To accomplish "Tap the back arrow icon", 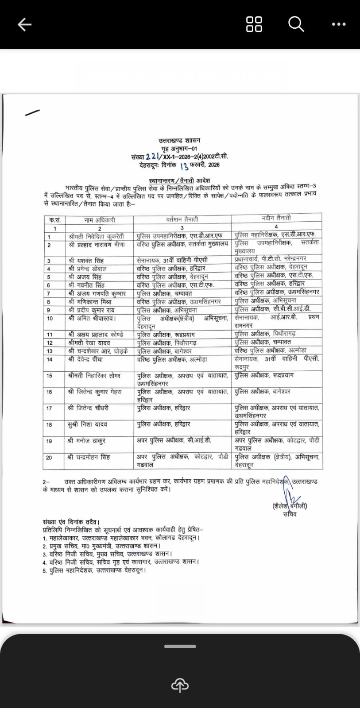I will pos(24,24).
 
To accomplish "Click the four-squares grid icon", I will pos(254,24).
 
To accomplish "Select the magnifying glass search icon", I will pos(296,24).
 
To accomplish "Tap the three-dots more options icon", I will pos(339,24).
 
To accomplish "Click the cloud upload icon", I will pos(180,685).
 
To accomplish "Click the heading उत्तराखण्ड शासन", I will pos(180,141).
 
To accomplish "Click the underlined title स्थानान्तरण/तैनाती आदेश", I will pos(179,180).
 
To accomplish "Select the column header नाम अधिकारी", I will pos(100,220).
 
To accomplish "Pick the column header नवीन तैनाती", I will pos(276,218).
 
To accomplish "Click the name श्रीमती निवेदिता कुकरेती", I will pos(97,236).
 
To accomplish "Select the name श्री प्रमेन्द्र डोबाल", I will pos(88,269).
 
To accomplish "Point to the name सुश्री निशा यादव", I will pos(87,424).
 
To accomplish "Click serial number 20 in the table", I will pos(49,458).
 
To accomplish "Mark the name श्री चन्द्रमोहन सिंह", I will pos(89,457).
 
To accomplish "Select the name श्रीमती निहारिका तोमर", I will pos(94,375).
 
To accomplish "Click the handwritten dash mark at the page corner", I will pos(32,113).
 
